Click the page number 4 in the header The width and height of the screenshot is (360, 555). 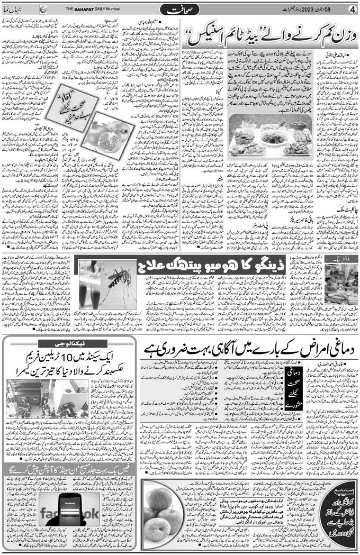tap(352, 9)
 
